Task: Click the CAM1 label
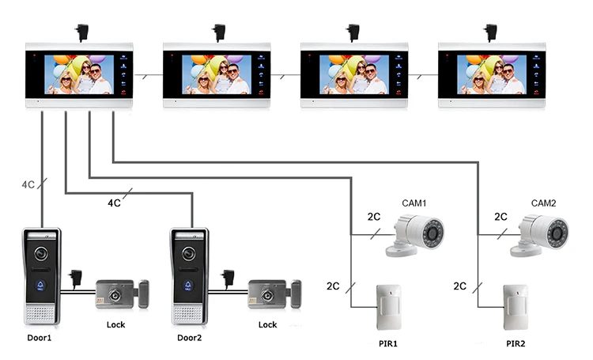click(x=413, y=203)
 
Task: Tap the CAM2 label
click(x=543, y=203)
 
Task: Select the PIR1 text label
click(x=389, y=344)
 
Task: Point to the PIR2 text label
click(x=516, y=344)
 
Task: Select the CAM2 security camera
click(x=542, y=234)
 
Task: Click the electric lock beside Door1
click(x=120, y=294)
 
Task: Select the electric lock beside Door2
click(x=274, y=294)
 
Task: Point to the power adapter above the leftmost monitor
click(x=81, y=32)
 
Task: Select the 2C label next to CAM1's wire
click(x=375, y=216)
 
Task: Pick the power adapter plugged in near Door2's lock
click(x=228, y=277)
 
